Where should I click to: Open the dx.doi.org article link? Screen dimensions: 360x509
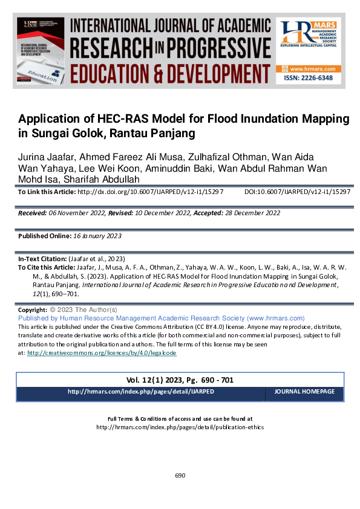[151, 192]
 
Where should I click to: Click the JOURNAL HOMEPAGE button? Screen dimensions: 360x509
[304, 392]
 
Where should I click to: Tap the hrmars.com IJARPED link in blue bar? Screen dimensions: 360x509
[141, 392]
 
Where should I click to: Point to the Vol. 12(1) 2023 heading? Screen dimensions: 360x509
[158, 380]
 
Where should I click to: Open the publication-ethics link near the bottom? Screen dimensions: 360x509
[180, 427]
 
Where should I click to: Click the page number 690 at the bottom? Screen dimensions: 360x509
[180, 476]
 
